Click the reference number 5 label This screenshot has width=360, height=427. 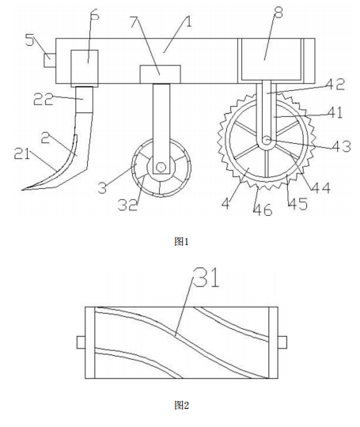[x=30, y=40]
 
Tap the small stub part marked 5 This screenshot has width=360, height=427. [x=50, y=60]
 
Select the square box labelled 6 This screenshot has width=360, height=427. [x=85, y=68]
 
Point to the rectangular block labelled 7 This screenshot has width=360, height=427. [x=160, y=74]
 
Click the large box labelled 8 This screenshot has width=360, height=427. [x=271, y=59]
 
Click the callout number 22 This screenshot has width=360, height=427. [x=44, y=99]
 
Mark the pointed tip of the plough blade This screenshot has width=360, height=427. [x=22, y=189]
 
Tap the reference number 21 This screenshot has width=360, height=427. [x=22, y=154]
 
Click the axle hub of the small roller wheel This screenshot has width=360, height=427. [x=161, y=167]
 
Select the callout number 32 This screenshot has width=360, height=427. [x=127, y=205]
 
